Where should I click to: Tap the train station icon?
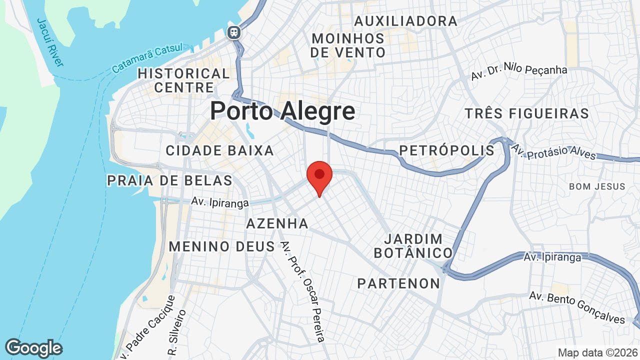[x=233, y=33]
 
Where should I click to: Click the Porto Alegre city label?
[x=282, y=110]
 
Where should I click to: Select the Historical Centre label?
[x=183, y=80]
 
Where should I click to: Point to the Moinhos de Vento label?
[x=348, y=45]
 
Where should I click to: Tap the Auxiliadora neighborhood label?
[x=405, y=21]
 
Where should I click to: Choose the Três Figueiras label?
[x=527, y=113]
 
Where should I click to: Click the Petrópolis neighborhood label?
[x=446, y=150]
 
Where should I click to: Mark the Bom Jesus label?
[x=597, y=186]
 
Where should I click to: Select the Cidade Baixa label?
[x=220, y=150]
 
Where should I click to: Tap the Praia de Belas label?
[x=170, y=180]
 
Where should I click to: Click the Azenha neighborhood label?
[x=277, y=223]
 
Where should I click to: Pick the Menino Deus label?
[x=221, y=246]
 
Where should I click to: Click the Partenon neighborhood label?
[x=398, y=284]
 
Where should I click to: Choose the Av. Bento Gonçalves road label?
[x=577, y=306]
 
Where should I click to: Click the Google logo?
[x=33, y=348]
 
